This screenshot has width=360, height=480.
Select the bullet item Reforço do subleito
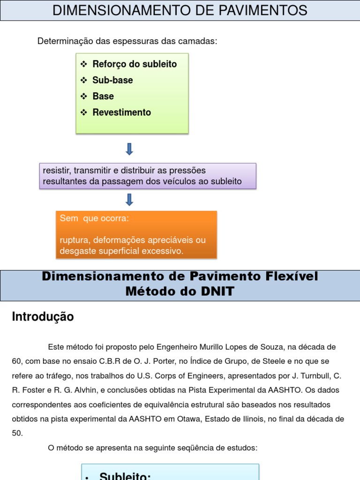click(x=135, y=64)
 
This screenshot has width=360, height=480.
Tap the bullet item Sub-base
click(x=112, y=80)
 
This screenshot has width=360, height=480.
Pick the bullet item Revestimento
click(x=122, y=112)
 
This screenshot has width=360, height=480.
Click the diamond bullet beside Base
click(x=84, y=96)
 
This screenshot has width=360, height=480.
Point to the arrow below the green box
click(x=130, y=149)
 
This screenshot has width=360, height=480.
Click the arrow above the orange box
click(x=130, y=200)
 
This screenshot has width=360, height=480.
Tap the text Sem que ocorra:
click(x=94, y=218)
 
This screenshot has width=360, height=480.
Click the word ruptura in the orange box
click(x=74, y=240)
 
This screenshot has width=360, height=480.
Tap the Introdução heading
click(x=43, y=317)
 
